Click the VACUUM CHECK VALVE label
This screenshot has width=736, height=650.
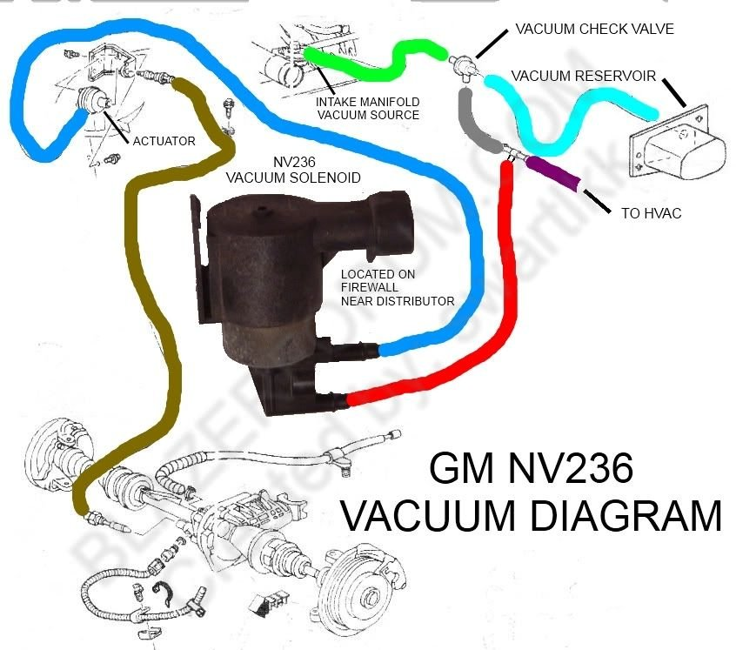[x=594, y=29]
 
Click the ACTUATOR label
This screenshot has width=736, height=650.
[x=164, y=140]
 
